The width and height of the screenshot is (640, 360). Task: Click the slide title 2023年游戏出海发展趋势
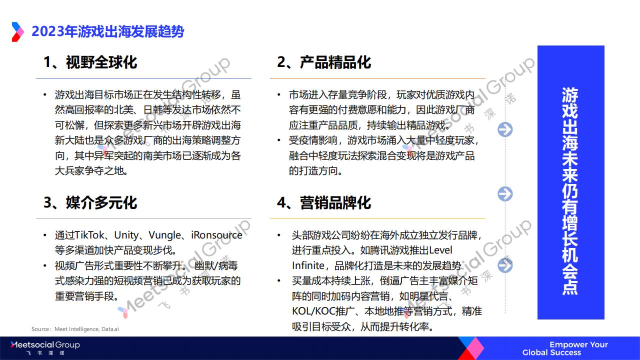[107, 31]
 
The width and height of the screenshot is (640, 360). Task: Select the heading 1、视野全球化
[90, 62]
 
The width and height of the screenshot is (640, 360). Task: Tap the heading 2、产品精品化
[324, 62]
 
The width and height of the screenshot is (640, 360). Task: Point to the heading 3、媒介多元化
[90, 202]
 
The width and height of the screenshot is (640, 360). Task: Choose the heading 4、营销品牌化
[324, 202]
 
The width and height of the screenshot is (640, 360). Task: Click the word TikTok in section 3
[87, 235]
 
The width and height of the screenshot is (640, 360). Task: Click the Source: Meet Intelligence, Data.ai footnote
[75, 329]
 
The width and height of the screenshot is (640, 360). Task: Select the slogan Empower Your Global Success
[565, 348]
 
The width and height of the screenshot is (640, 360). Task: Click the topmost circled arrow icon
[505, 129]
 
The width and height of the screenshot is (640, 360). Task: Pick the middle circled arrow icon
[505, 193]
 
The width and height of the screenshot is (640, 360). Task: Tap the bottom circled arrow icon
[505, 265]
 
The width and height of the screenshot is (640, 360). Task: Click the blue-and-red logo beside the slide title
[17, 32]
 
